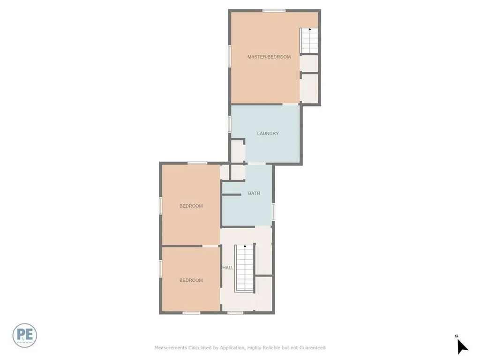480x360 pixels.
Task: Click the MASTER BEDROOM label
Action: click(269, 57)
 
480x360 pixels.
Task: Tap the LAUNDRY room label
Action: click(268, 134)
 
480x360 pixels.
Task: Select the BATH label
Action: click(254, 193)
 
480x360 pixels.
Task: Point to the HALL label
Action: click(228, 268)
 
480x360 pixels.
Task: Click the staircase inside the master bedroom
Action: click(309, 40)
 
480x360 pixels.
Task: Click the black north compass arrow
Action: click(462, 347)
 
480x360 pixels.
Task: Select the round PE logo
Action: click(25, 336)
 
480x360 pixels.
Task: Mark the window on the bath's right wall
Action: click(274, 211)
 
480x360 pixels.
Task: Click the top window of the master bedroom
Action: click(274, 11)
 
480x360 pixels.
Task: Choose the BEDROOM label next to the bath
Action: click(191, 206)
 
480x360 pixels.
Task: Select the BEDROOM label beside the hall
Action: click(191, 280)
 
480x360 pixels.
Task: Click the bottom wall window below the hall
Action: click(235, 313)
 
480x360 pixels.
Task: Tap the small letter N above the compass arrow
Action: click(456, 336)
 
